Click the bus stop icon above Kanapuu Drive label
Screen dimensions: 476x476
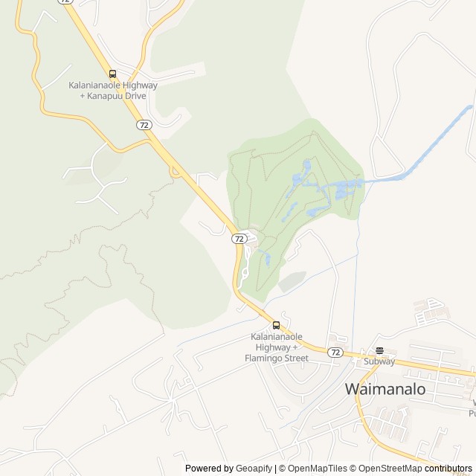[113, 74]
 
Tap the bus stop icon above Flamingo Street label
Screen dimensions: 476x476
[277, 325]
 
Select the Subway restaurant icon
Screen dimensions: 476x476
[379, 350]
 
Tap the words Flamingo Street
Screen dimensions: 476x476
[277, 358]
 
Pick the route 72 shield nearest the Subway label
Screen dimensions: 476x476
[335, 352]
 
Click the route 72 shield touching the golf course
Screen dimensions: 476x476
[238, 238]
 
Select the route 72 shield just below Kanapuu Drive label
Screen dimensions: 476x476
[144, 125]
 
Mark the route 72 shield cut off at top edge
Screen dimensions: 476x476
[66, 1]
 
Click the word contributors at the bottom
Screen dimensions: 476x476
[448, 469]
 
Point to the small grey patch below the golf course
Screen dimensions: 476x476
[292, 281]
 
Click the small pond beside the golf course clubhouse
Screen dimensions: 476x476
[266, 258]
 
